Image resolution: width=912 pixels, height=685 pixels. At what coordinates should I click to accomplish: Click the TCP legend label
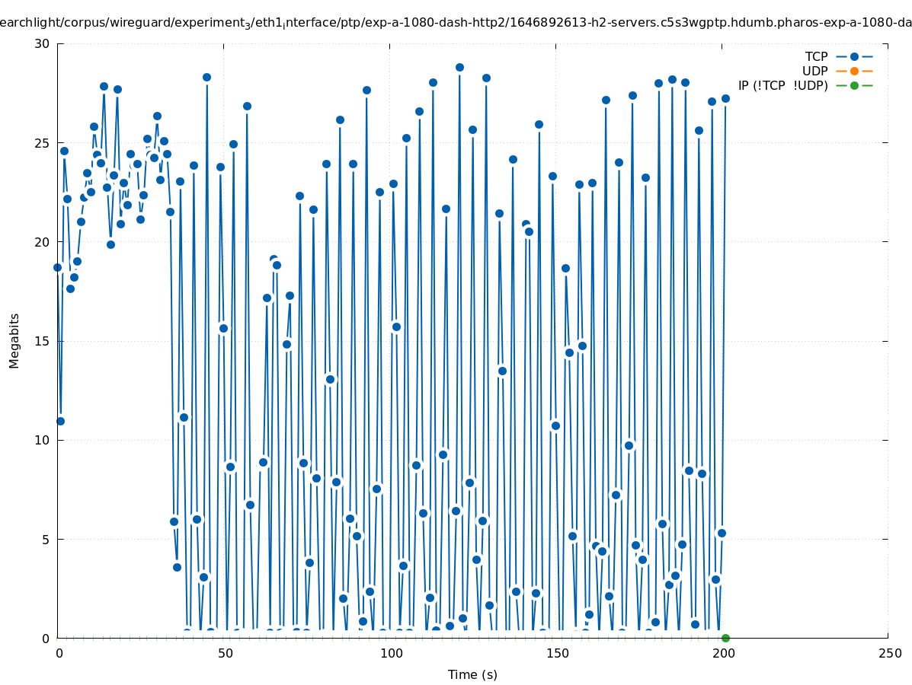816,56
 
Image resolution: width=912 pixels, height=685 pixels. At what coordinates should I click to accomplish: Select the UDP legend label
814,71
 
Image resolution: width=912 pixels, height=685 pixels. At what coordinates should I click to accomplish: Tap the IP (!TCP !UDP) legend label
782,85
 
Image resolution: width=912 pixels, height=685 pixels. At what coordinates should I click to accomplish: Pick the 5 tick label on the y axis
46,539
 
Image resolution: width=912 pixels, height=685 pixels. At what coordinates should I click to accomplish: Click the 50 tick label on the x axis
224,653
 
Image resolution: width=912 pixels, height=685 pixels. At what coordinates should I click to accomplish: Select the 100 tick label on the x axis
390,653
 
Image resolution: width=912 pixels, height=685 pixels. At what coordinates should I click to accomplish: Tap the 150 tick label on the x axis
556,653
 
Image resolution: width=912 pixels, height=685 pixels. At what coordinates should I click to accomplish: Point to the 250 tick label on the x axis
888,653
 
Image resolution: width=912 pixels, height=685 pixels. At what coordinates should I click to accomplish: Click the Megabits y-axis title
14,340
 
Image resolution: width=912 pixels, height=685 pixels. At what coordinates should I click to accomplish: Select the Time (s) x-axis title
472,674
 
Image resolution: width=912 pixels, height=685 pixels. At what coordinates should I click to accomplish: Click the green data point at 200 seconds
725,638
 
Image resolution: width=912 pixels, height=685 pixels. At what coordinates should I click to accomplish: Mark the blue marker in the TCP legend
854,56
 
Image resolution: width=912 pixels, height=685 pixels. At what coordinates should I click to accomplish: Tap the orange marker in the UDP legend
854,71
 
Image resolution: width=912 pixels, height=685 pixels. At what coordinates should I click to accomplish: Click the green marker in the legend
854,85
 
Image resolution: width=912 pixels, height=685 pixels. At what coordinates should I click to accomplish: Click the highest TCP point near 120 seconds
459,67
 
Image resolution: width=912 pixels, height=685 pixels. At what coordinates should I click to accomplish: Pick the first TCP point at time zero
57,267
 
